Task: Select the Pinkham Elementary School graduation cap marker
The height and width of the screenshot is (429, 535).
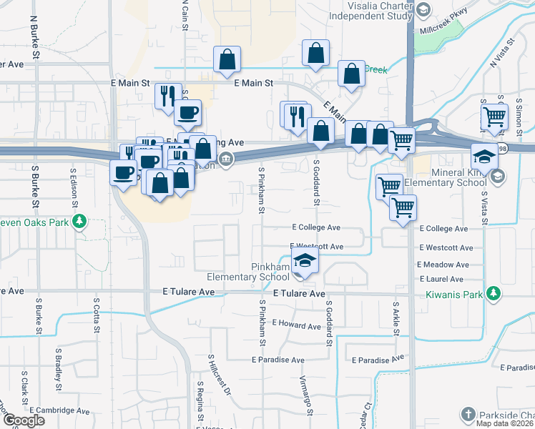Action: pyautogui.click(x=305, y=262)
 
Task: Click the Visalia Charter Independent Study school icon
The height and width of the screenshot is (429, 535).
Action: pyautogui.click(x=423, y=10)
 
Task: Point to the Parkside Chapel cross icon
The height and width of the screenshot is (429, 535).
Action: pyautogui.click(x=467, y=415)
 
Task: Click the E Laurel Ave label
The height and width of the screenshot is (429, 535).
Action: pyautogui.click(x=443, y=279)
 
